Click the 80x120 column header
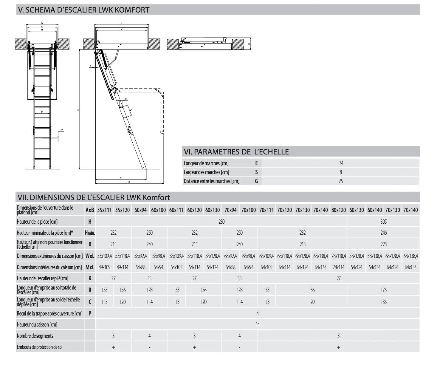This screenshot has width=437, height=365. click(338, 210)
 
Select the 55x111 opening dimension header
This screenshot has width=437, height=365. click(104, 210)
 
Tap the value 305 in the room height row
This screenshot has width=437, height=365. click(383, 222)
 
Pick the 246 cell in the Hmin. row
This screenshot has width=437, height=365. click(383, 233)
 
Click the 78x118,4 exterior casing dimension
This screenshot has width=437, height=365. click(338, 256)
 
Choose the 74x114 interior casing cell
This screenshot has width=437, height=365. click(338, 267)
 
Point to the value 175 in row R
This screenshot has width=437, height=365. click(383, 290)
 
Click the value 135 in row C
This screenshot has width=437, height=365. click(383, 302)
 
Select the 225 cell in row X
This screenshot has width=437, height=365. click(383, 245)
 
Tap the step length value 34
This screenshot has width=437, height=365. click(341, 163)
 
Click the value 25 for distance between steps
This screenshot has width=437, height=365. click(341, 181)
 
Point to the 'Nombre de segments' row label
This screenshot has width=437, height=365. click(35, 336)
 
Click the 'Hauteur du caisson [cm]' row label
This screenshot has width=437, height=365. click(37, 324)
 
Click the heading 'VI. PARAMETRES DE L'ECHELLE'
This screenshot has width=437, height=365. click(236, 152)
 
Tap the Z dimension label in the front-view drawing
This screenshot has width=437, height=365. click(62, 130)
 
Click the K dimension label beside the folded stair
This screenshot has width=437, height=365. click(249, 44)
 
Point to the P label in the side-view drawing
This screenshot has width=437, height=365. click(90, 66)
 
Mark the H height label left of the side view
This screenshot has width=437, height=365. click(78, 110)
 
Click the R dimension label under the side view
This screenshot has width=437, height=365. click(129, 182)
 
